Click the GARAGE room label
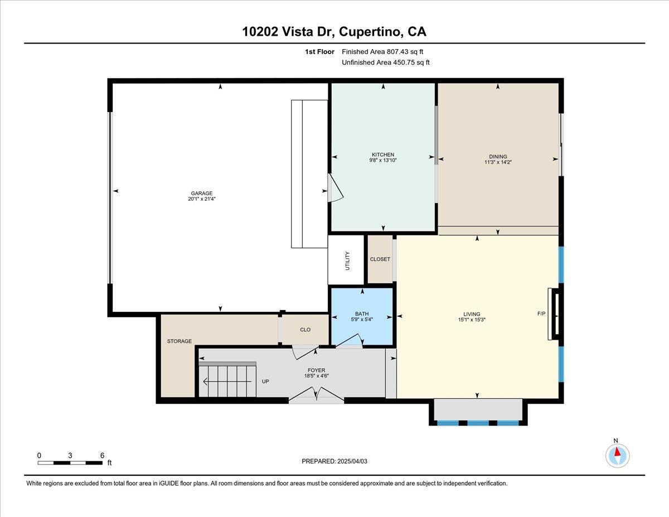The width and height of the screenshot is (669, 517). coord(202,194)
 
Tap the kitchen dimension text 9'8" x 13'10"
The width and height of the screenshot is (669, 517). coord(383,160)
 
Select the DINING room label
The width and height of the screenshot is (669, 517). coord(498,156)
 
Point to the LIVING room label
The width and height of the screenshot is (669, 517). coord(472,314)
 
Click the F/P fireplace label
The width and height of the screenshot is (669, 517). coord(541,314)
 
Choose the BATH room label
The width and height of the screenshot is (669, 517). coord(362,314)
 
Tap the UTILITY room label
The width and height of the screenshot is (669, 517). coord(347,261)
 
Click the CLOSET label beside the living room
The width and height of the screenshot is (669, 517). coord(380,259)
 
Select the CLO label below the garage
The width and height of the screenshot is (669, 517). coord(305,330)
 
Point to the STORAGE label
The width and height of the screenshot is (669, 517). coord(179,341)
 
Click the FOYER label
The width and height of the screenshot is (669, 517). coord(316,370)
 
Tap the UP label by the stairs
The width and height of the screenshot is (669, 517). coord(265,381)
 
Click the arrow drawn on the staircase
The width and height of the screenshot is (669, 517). coord(227,382)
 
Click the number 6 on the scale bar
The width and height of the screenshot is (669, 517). coord(102,455)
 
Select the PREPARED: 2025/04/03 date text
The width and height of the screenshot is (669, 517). coord(334,461)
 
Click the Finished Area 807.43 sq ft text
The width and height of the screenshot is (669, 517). coord(382,52)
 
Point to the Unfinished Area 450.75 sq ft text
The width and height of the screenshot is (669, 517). coord(385,62)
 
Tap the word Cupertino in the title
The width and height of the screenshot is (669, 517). coord(371,32)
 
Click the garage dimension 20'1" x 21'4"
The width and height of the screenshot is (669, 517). coord(202,199)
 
